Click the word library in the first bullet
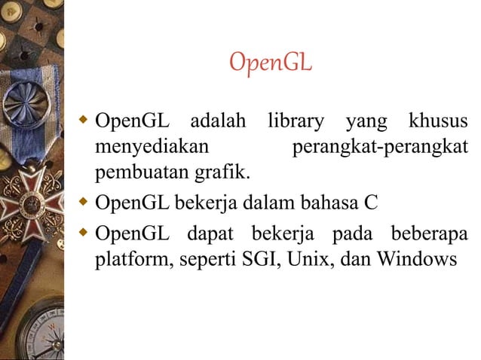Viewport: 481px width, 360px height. click(x=295, y=121)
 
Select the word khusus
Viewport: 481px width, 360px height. click(x=437, y=121)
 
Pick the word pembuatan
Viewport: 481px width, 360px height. click(x=142, y=174)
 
